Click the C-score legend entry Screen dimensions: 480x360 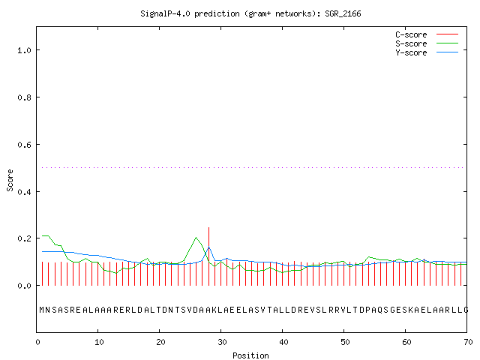point(427,34)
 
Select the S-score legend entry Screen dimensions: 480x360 point(427,43)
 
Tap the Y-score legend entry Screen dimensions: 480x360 point(427,52)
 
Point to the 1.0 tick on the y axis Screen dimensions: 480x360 point(24,50)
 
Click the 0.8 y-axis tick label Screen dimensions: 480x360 point(24,97)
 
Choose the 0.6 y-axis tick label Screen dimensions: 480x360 point(24,145)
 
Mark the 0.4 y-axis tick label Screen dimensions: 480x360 point(24,192)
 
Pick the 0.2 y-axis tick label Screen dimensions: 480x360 point(24,238)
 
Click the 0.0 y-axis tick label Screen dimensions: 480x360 point(24,286)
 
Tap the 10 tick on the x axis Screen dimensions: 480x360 point(99,342)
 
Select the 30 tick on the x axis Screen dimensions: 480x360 point(222,342)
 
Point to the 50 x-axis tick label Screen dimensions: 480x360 point(345,342)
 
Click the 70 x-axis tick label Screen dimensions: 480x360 point(468,342)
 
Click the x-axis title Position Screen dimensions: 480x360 point(250,355)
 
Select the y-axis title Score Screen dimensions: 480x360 point(10,180)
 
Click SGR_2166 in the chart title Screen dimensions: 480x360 point(343,13)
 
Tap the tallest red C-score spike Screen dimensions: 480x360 point(208,256)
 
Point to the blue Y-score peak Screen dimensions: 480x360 point(208,247)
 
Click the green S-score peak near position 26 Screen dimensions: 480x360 point(196,238)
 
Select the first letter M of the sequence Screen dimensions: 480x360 point(42,310)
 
